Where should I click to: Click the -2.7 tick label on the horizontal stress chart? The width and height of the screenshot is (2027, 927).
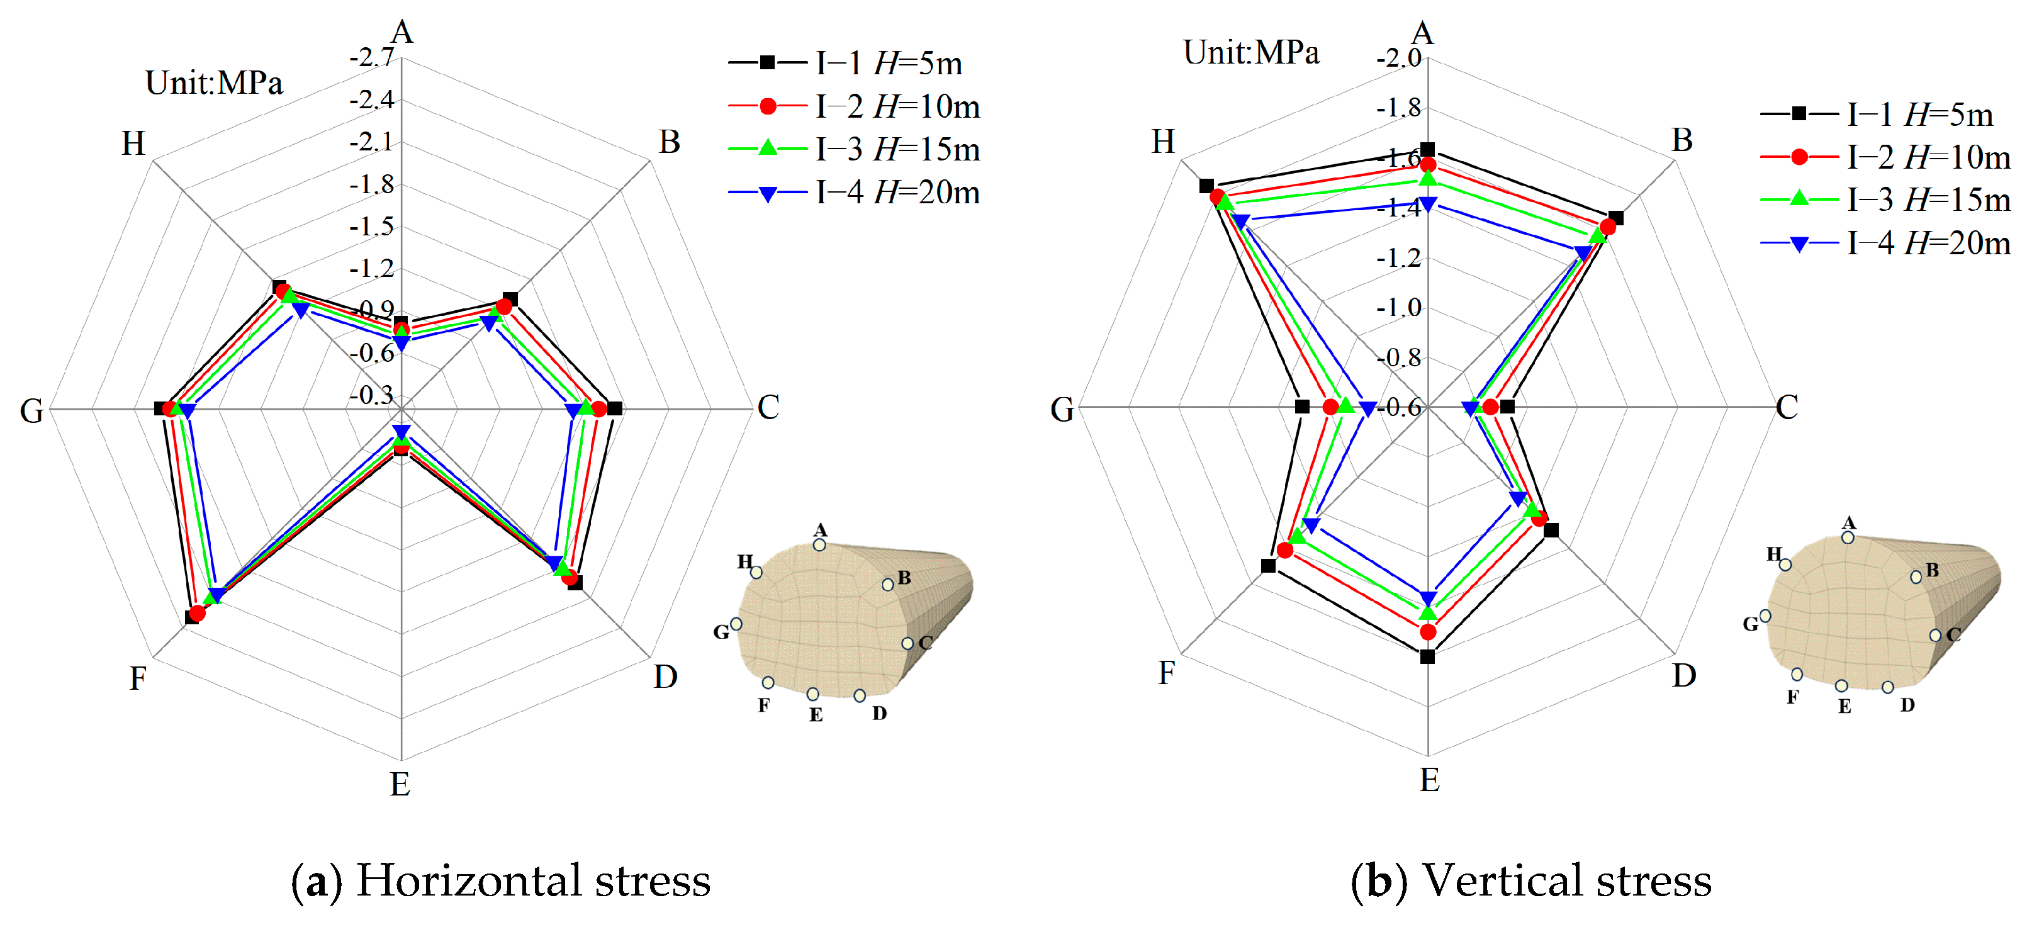click(371, 57)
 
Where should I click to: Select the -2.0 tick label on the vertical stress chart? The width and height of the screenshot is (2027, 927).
click(1398, 57)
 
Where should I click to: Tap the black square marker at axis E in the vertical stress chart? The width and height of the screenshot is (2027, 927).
click(1427, 656)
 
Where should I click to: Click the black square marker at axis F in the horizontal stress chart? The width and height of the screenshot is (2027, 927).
click(192, 617)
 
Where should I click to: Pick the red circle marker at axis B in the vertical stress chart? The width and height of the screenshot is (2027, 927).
click(1608, 227)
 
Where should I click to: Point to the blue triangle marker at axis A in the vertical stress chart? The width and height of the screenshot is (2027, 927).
click(1427, 204)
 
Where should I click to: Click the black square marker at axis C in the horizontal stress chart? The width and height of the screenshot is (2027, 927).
click(615, 408)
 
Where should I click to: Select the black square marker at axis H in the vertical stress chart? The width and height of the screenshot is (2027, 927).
click(1206, 186)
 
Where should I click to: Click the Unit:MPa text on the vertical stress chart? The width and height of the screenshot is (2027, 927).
click(1251, 53)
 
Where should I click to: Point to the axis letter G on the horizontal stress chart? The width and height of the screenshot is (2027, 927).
click(31, 411)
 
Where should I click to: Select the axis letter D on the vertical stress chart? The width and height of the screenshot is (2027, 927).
click(1683, 675)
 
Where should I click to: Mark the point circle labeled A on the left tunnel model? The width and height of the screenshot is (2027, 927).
click(819, 544)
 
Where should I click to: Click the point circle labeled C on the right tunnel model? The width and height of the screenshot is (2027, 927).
click(1935, 635)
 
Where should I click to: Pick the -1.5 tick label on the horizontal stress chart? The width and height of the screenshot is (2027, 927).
click(371, 227)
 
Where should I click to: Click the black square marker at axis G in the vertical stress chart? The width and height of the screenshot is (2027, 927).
click(1302, 407)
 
